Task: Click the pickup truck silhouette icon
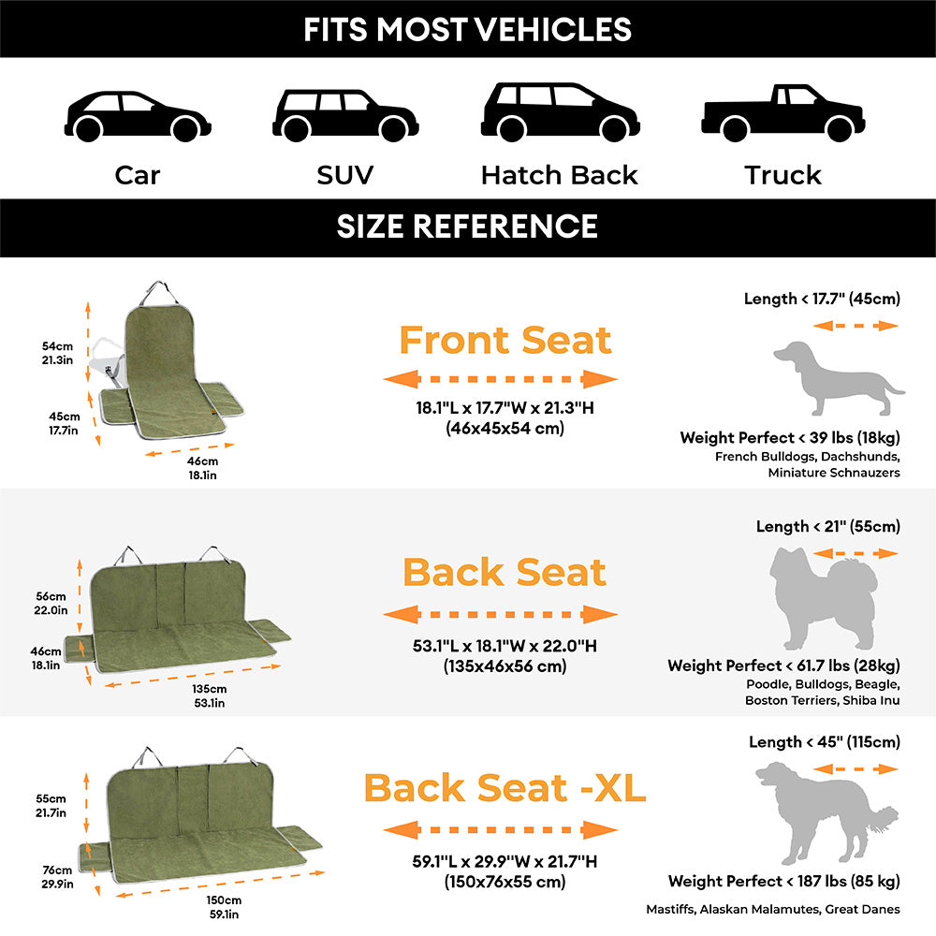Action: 782,113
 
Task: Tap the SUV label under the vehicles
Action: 344,175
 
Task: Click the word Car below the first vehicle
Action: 138,175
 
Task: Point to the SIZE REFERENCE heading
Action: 467,227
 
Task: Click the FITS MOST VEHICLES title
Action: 467,29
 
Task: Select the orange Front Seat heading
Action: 505,340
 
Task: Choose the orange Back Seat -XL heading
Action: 505,788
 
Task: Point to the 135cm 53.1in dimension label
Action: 207,695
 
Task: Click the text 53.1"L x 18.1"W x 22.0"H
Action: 505,647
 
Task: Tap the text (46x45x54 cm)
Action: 505,428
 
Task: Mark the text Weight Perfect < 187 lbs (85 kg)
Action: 783,881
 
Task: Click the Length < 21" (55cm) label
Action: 827,527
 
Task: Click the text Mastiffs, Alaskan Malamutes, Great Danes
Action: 773,909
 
